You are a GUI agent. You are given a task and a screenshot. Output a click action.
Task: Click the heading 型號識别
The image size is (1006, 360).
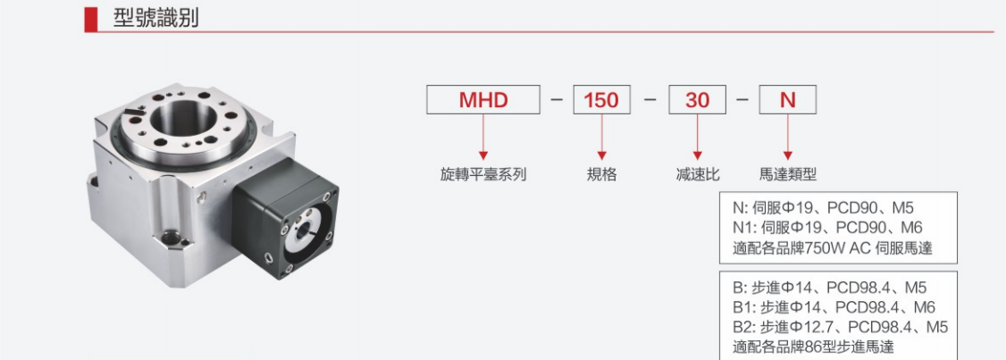coord(156,18)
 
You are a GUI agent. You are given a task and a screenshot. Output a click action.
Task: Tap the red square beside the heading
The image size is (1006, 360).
coord(90,20)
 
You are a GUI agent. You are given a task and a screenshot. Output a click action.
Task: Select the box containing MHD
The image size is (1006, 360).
coord(483,100)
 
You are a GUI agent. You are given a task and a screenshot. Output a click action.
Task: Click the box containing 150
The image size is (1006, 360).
coord(602,100)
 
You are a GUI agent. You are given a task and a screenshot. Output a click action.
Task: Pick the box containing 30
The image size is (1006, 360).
coord(697,100)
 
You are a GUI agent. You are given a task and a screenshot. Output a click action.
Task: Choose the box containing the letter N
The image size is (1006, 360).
coord(787,100)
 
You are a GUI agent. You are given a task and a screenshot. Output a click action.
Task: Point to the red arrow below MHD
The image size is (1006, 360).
coord(483,138)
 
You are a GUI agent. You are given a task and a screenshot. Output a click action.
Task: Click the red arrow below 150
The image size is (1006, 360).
coord(602,138)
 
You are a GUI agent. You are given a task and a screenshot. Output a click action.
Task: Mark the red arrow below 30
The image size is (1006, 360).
coord(697,138)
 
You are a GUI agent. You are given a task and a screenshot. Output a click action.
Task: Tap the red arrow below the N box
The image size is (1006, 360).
coord(787,138)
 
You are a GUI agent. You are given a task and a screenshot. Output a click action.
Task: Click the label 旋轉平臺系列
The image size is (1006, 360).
coord(483,174)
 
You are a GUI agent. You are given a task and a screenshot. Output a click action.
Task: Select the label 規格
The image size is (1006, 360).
coord(602,174)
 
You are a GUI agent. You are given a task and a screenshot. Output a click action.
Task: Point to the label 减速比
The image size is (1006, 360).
coord(698,174)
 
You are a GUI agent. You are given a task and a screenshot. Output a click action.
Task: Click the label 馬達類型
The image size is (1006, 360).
coord(788,174)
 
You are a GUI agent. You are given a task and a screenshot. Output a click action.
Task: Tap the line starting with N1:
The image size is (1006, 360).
coord(827,228)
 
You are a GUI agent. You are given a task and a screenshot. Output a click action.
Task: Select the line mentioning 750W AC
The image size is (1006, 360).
coord(832,247)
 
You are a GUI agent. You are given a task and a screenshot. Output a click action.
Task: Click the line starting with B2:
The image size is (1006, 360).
coord(841,327)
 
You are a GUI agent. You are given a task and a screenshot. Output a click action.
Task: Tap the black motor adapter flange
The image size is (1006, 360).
coord(286,218)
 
